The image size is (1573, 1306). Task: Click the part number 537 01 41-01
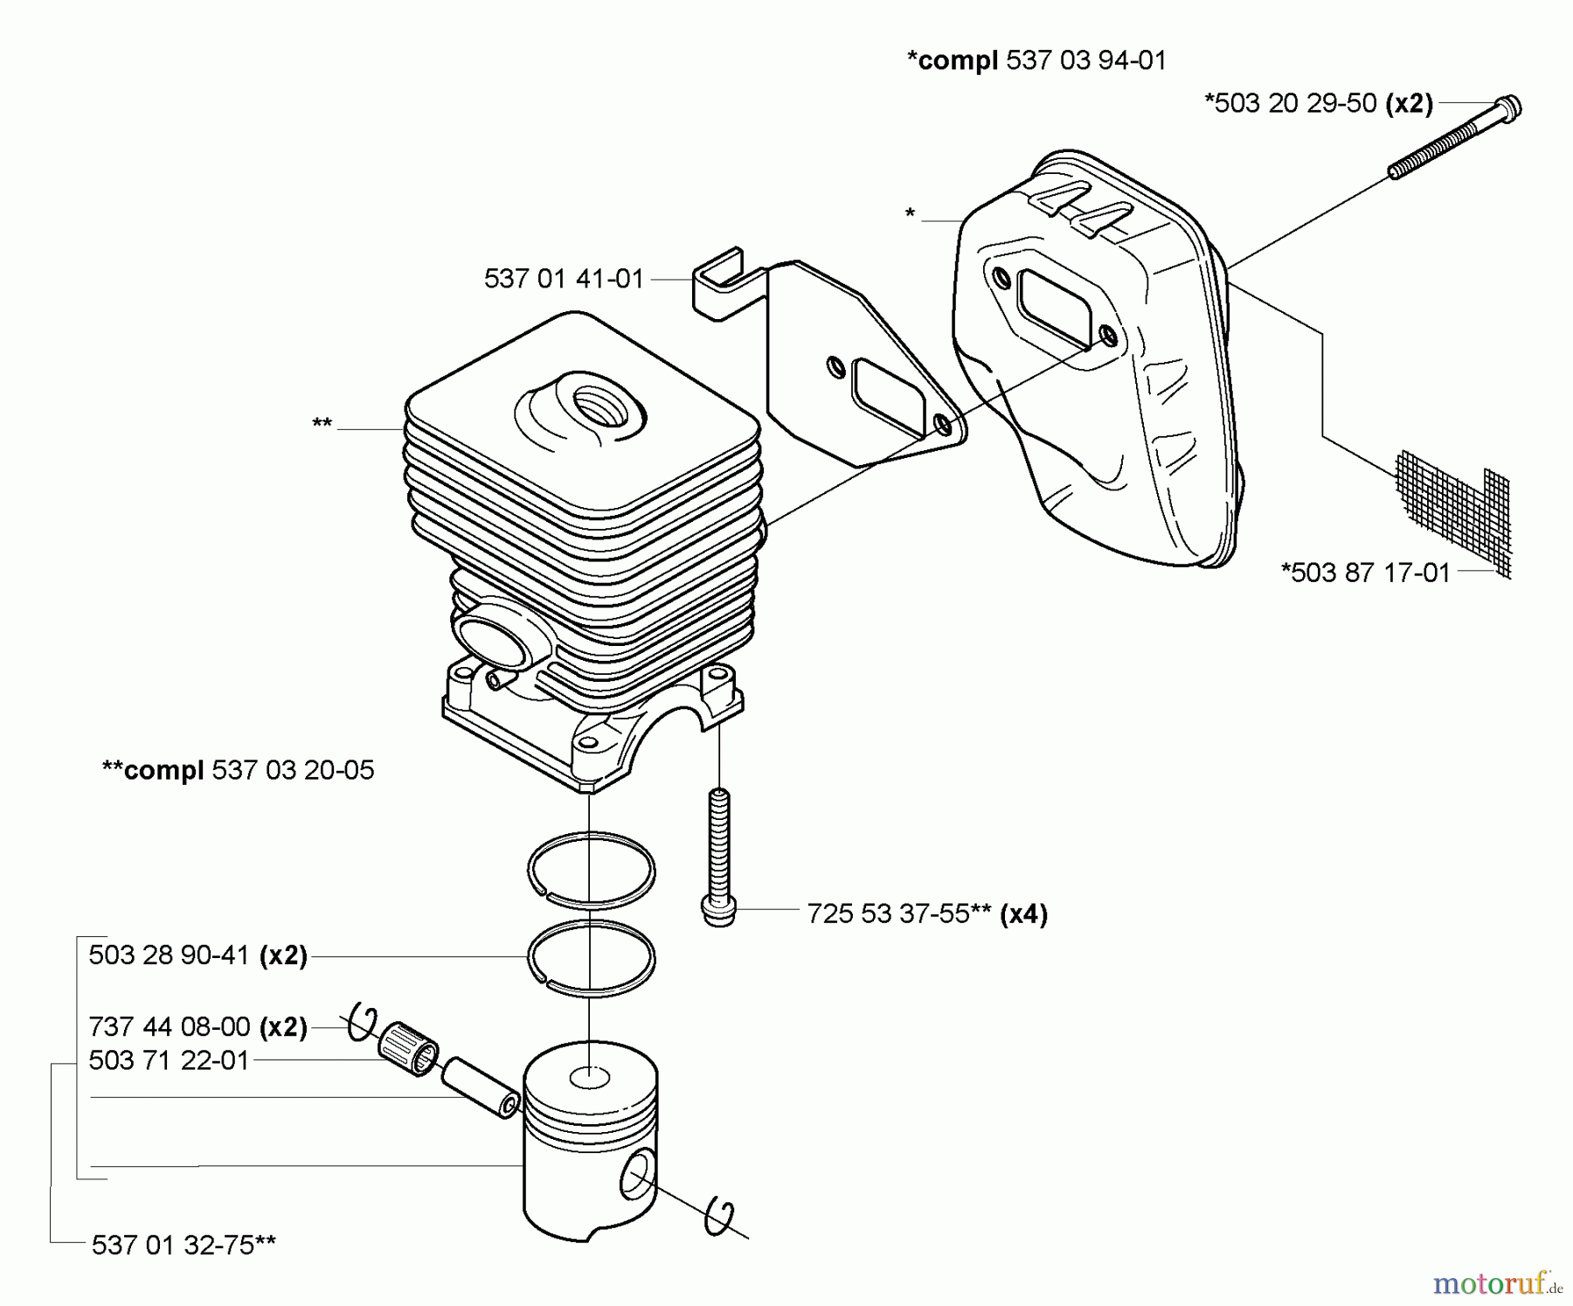click(x=564, y=279)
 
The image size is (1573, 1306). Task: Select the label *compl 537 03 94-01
click(x=1036, y=60)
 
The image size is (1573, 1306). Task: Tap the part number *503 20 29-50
click(x=1291, y=103)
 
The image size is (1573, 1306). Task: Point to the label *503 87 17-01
click(x=1365, y=573)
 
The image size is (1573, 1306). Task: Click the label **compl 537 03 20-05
click(x=238, y=770)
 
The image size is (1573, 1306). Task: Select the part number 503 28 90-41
click(x=170, y=955)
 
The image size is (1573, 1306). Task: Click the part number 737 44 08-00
click(x=170, y=1026)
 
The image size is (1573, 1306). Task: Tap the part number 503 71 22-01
click(x=170, y=1060)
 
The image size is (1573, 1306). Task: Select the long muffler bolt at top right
click(x=1454, y=141)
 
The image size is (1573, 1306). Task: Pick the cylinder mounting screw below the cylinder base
click(x=718, y=857)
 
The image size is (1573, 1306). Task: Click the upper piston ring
click(x=592, y=869)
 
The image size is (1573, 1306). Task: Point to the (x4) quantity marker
click(x=1023, y=914)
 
